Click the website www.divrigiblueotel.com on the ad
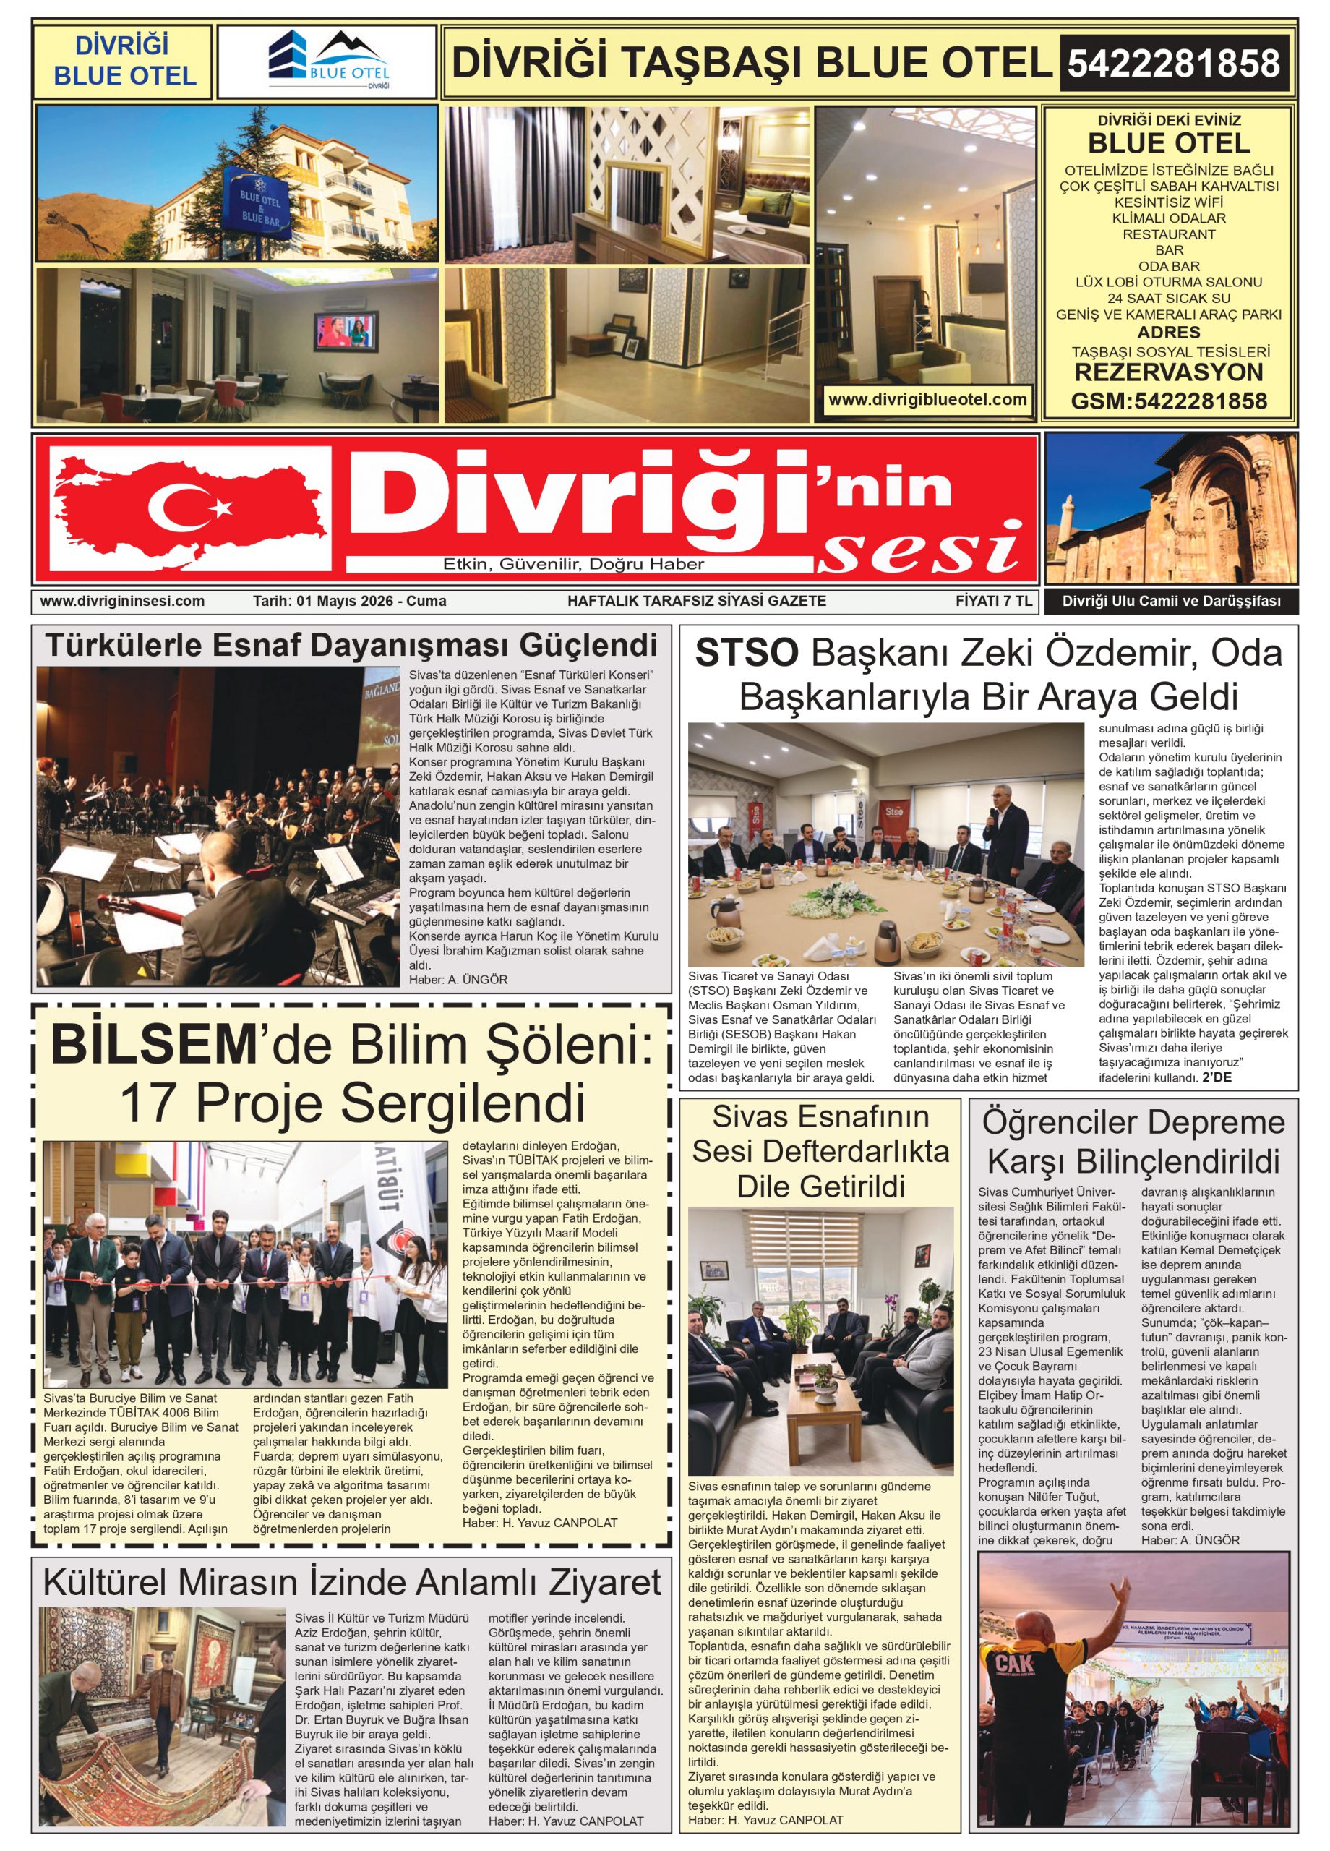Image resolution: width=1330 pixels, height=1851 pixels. tap(927, 400)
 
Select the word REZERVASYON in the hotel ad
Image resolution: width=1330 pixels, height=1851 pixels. tap(1168, 373)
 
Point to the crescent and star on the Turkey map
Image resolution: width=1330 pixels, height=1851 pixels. tap(189, 507)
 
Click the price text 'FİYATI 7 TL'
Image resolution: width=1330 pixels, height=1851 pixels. tap(993, 602)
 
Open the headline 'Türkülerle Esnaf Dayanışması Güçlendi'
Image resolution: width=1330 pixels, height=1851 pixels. tap(351, 646)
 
